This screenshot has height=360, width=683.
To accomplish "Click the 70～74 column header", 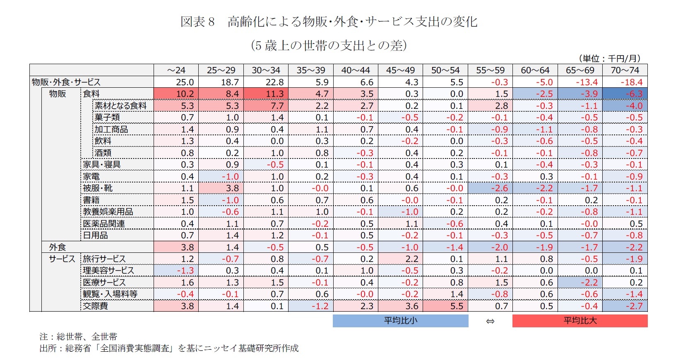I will (x=625, y=70).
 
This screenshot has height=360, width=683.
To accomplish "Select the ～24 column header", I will (x=176, y=70).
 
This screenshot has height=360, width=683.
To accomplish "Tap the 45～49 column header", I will (x=400, y=70).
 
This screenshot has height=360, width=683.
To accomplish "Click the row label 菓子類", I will (x=107, y=118).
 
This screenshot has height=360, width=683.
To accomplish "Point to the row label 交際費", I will (x=95, y=306).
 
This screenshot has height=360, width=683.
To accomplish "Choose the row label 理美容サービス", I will (x=108, y=271).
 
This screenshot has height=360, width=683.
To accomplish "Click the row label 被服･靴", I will (x=98, y=188).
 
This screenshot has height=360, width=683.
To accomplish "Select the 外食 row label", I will (x=58, y=247).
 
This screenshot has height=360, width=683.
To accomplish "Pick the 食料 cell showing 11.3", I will (x=266, y=94).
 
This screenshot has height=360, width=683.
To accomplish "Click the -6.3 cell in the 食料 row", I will (x=625, y=94).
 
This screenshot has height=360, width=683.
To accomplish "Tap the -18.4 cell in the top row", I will (x=625, y=82).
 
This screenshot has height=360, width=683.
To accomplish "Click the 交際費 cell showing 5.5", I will (x=445, y=306).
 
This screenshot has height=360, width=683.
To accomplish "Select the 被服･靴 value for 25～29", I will (x=221, y=188).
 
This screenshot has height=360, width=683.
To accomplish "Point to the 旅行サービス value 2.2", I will (x=400, y=259).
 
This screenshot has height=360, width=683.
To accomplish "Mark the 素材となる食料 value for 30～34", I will (x=266, y=106).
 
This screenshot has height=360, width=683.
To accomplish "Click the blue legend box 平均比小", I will (x=400, y=321).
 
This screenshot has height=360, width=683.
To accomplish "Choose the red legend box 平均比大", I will (x=580, y=321).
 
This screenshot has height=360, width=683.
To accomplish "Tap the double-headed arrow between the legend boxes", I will (x=490, y=321).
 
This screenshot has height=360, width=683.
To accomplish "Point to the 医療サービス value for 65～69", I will (x=580, y=283).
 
